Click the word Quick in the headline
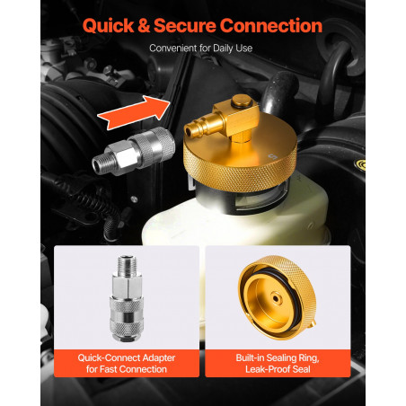tap(108, 25)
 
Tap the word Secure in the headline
tap(185, 25)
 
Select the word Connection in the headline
tap(271, 25)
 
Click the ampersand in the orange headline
tap(144, 25)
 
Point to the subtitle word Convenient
tap(173, 49)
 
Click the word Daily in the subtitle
tap(223, 49)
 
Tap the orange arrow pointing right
tap(134, 112)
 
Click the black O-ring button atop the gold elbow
tap(242, 101)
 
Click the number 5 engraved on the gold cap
tap(272, 156)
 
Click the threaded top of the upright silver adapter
tap(127, 262)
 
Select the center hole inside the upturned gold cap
tap(275, 298)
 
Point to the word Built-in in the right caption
tap(250, 357)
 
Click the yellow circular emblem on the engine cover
tap(360, 164)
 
